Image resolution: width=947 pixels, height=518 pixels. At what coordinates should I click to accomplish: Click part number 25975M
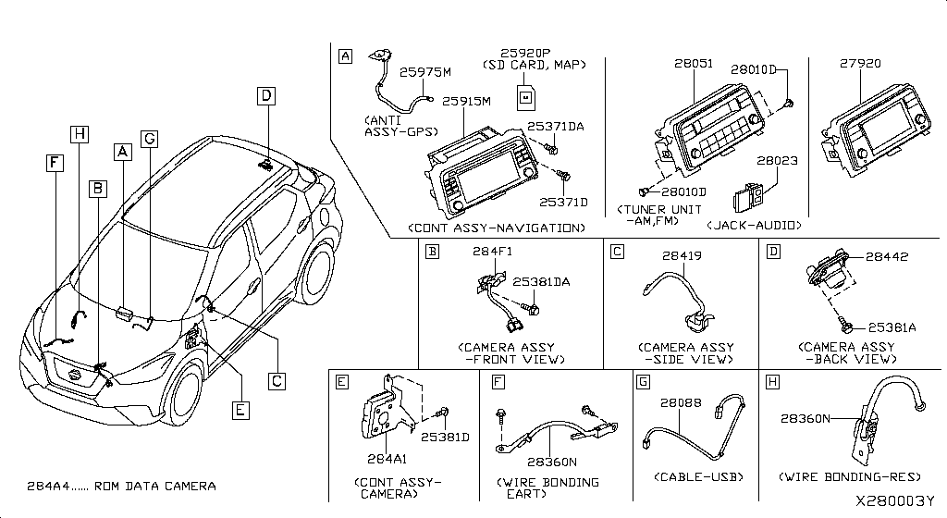pos(425,72)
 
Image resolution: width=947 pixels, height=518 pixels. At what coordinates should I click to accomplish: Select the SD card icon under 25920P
pos(526,98)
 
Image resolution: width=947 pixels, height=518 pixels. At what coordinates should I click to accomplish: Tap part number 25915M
pos(466,102)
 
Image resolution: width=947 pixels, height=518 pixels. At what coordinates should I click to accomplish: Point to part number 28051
pos(694,64)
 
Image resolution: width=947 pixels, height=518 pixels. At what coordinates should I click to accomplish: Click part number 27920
pos(860,64)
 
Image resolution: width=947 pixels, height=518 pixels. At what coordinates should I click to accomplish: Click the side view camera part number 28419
pos(682,256)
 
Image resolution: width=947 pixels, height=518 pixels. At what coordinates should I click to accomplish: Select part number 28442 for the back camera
pos(887,256)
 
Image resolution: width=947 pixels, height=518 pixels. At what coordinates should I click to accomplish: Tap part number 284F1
pos(492,252)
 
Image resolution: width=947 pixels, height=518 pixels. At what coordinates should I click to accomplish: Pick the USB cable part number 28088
pos(681,402)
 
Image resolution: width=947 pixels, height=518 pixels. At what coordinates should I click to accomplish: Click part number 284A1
pos(387,459)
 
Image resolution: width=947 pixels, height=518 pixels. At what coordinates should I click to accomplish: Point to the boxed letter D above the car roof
pos(265,96)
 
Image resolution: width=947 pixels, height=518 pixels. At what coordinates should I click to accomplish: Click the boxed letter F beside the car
pos(55,163)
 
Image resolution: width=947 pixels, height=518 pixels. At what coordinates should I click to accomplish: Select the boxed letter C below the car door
pos(277,381)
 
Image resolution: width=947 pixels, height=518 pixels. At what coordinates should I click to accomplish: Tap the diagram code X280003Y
pos(894,501)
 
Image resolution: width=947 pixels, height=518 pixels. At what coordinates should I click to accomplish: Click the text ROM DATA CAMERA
pos(154,486)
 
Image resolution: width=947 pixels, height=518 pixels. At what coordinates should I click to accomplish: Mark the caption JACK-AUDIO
pos(754,225)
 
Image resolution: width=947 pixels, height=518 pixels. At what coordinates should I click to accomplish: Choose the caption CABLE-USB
pos(698,477)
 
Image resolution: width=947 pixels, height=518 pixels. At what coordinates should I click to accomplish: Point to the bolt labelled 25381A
pos(845,327)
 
